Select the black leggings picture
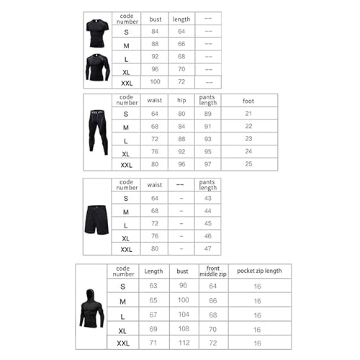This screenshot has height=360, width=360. [x=96, y=133]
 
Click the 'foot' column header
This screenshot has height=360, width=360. [x=250, y=102]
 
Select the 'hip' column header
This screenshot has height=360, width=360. [x=181, y=102]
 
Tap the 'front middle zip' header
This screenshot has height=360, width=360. [x=213, y=272]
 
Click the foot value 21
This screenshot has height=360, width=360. [x=250, y=114]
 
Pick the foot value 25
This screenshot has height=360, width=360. [x=250, y=165]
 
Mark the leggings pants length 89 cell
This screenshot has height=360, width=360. [x=208, y=114]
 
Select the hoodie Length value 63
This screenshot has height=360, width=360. [x=153, y=286]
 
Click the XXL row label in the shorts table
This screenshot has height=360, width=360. [x=126, y=249]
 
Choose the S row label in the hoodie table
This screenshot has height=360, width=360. [x=122, y=286]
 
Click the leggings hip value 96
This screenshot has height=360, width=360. [x=181, y=165]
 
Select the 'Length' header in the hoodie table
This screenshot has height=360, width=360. [x=153, y=272]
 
